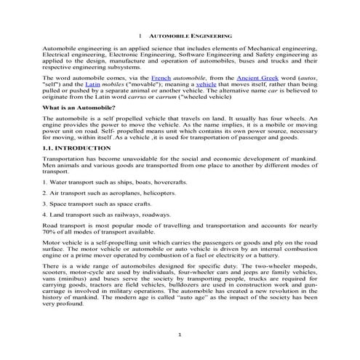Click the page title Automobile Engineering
pyautogui.click(x=190, y=34)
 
